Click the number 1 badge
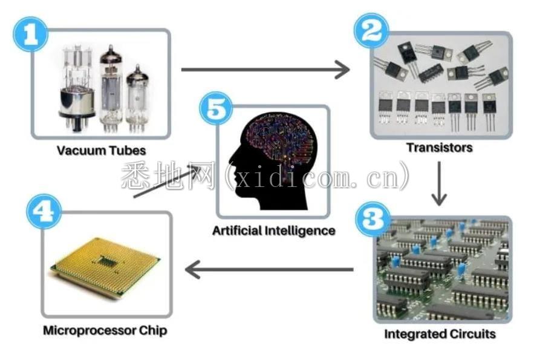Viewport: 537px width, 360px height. [x=30, y=34]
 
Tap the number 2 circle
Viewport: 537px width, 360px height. [x=371, y=30]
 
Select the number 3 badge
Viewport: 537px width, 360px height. [x=373, y=218]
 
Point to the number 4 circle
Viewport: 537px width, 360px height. [x=44, y=211]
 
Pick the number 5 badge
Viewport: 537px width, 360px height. [x=216, y=108]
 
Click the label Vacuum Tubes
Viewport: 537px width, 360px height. [x=102, y=151]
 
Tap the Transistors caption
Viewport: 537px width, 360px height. [x=440, y=148]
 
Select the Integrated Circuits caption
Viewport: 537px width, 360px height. [x=440, y=334]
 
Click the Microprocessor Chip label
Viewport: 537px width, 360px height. [x=105, y=330]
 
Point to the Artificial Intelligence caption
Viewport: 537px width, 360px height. [x=273, y=231]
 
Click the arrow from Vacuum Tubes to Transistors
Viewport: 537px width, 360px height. [x=265, y=70]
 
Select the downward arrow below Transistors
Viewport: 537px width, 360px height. [x=439, y=183]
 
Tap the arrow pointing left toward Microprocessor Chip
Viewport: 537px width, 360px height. [x=269, y=270]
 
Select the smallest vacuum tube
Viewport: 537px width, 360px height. [x=137, y=99]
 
